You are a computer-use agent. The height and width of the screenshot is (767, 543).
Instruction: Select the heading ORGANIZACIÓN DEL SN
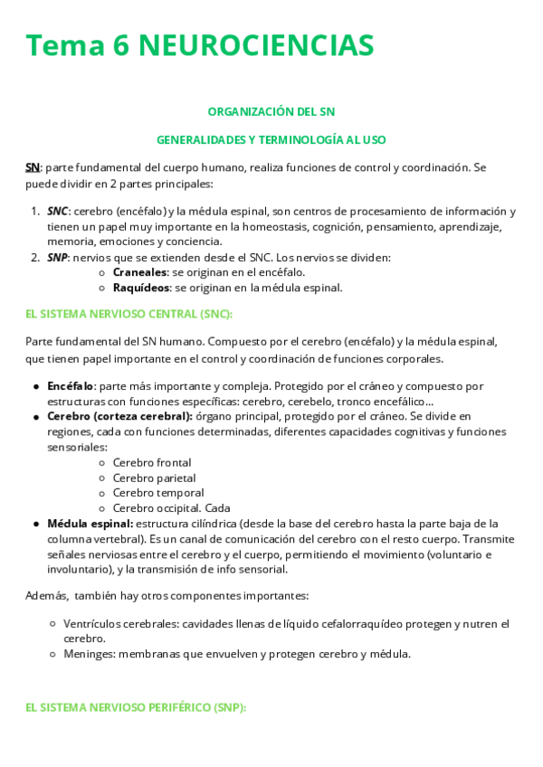coord(271,111)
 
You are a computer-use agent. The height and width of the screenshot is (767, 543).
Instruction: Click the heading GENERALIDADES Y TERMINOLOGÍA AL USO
coord(271,140)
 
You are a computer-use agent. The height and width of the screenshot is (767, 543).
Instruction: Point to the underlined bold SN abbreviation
coord(32,167)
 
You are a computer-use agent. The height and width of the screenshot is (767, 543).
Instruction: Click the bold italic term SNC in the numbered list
coord(57,212)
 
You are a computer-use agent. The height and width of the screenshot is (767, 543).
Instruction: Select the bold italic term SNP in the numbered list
coord(57,258)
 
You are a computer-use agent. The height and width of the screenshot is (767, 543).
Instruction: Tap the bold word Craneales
coord(139,272)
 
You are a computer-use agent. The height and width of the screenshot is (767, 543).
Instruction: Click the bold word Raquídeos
coord(141,288)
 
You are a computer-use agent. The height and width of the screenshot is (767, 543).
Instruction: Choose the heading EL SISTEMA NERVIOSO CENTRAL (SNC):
coord(129,314)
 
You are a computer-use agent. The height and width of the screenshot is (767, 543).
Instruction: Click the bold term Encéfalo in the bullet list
coord(71,385)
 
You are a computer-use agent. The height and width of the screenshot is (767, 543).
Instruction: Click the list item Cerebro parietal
coord(154,478)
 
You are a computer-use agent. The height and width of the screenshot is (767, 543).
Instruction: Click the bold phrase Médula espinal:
coord(90,524)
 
